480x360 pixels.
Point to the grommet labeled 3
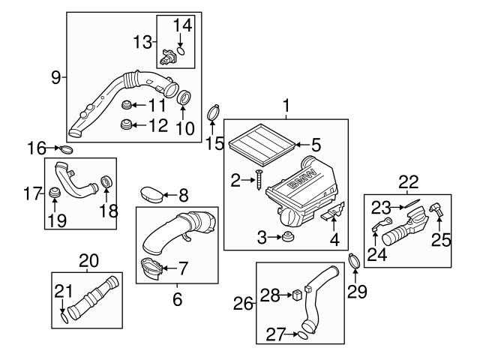287,238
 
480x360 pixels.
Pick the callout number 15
215,142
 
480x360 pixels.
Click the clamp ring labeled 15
214,114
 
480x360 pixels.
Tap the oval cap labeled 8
151,195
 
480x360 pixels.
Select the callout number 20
88,260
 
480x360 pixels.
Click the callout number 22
408,181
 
